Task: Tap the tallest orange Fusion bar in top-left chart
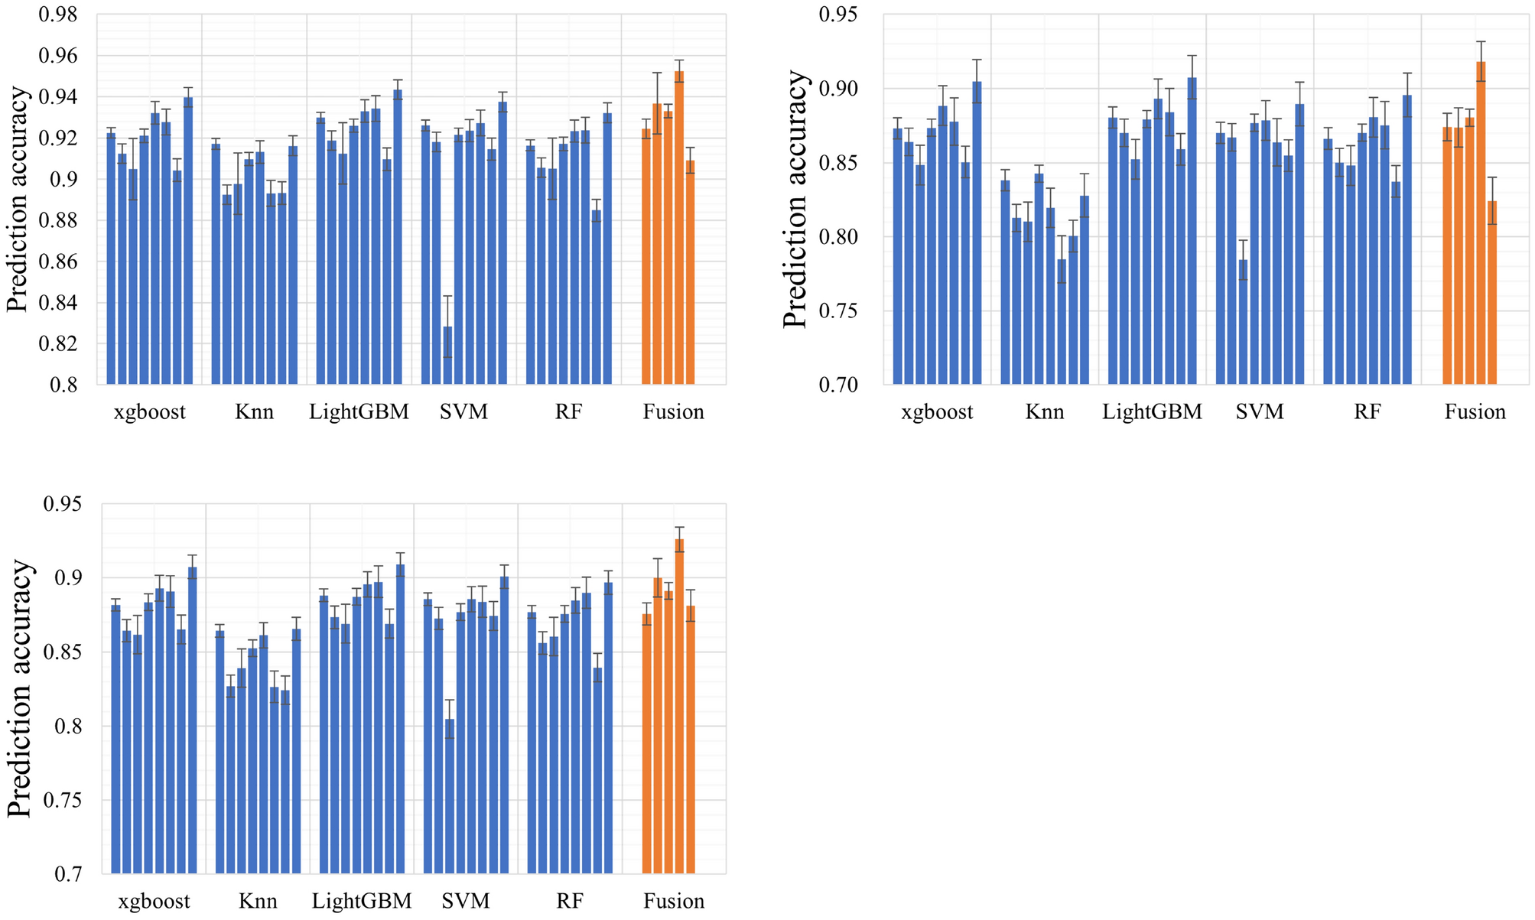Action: [x=679, y=229]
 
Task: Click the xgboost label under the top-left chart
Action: [x=150, y=412]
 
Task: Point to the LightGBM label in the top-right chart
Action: [x=1152, y=412]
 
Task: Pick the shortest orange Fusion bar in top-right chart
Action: [x=1491, y=294]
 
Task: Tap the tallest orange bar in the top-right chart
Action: [x=1481, y=226]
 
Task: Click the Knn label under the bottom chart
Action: [x=258, y=901]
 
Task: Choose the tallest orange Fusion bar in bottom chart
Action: [x=679, y=707]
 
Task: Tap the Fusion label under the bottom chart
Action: [x=674, y=901]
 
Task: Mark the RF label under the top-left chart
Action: [x=568, y=412]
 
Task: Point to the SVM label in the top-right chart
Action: [x=1260, y=412]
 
